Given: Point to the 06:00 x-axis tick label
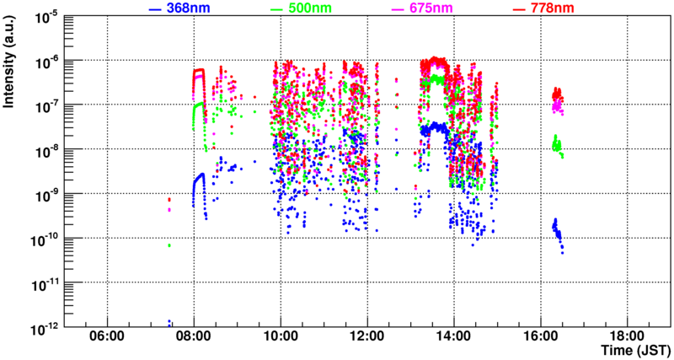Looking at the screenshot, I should [x=107, y=336].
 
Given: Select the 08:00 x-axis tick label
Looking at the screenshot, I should [x=194, y=336].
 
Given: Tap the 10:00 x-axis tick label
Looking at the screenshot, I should [x=281, y=336].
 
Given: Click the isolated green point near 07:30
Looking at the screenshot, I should [x=169, y=245].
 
